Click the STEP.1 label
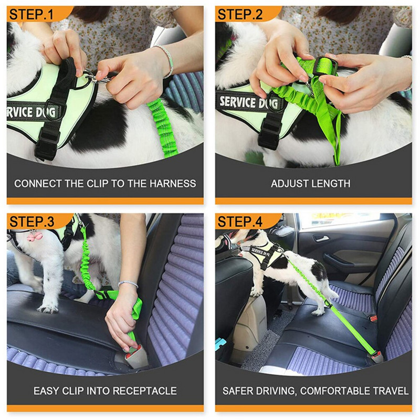31,15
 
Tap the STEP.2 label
240,15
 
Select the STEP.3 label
31,222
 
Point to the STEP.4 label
240,222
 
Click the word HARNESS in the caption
173,184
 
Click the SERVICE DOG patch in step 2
248,102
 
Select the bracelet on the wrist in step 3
128,283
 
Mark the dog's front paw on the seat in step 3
48,309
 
